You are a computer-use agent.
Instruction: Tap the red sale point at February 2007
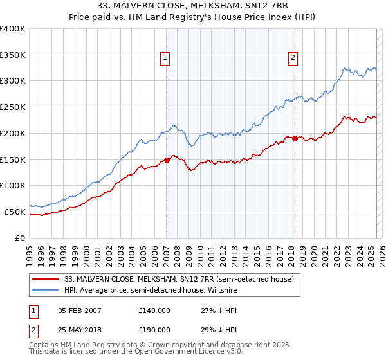point(167,160)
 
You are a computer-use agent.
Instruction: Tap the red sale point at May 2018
point(295,138)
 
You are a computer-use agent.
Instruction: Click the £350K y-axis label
point(13,55)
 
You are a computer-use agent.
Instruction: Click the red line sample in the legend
point(45,279)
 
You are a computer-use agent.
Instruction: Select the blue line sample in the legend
point(45,290)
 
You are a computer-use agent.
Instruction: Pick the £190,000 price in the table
point(154,329)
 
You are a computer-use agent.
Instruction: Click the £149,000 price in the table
point(154,311)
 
